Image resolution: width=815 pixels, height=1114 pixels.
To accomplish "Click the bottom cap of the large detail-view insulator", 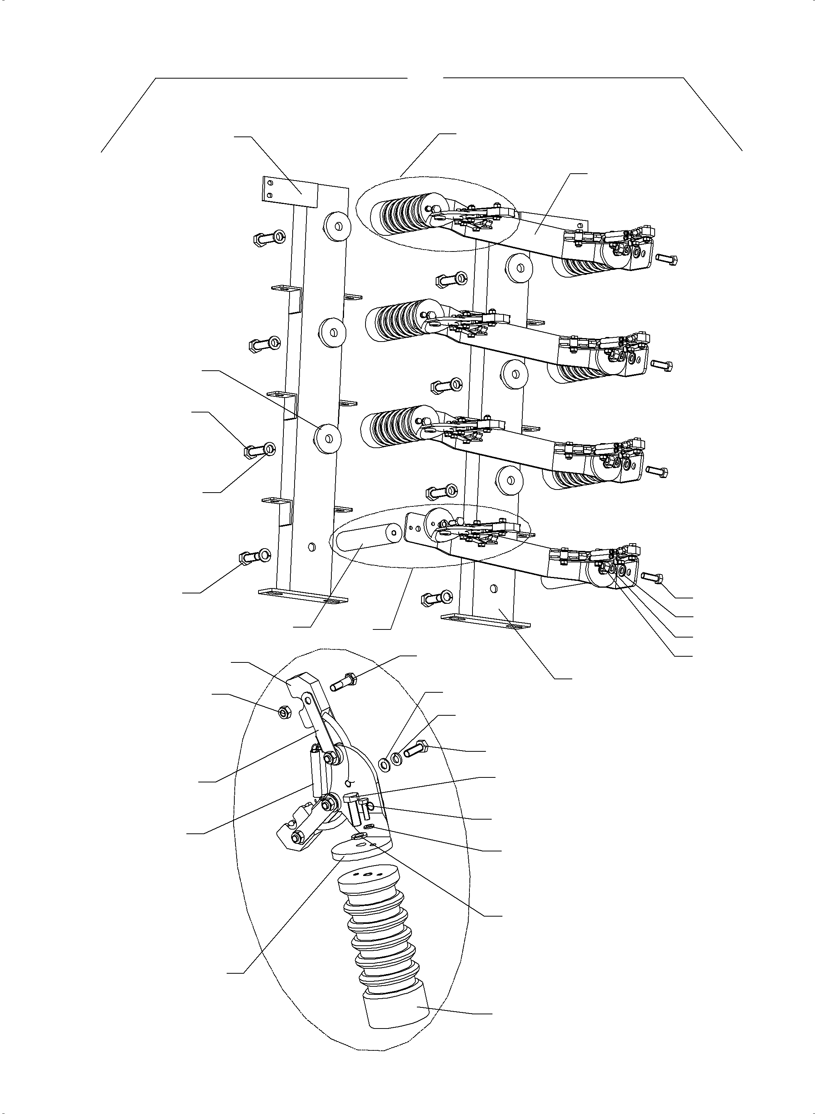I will click(396, 1010).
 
